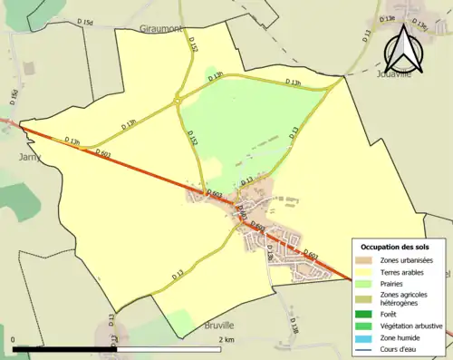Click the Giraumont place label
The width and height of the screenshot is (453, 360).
point(161,29)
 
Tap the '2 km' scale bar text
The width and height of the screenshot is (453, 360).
point(226,339)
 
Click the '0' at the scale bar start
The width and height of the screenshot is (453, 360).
point(14,339)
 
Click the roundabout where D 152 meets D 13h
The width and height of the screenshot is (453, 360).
point(178,101)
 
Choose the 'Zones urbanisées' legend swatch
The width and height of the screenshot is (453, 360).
point(366,260)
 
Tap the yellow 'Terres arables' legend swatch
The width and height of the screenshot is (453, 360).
point(366,272)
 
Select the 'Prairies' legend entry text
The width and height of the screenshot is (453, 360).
point(392,284)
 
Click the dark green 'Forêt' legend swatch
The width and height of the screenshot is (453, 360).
point(366,314)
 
